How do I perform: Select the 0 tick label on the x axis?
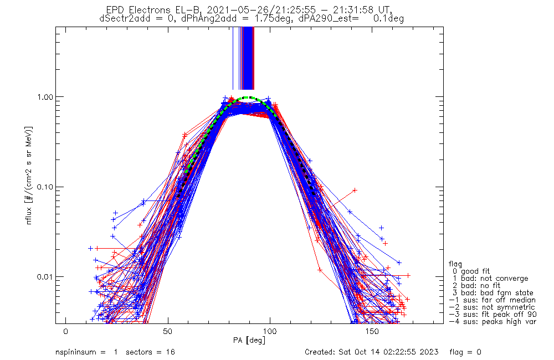(66, 331)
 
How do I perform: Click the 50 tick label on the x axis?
(168, 331)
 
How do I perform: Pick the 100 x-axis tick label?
(270, 331)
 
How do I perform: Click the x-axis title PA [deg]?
(249, 340)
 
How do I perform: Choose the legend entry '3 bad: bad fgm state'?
(493, 293)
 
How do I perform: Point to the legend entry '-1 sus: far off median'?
(492, 300)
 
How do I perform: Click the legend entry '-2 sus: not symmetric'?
(492, 307)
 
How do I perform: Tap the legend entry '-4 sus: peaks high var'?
(492, 322)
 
